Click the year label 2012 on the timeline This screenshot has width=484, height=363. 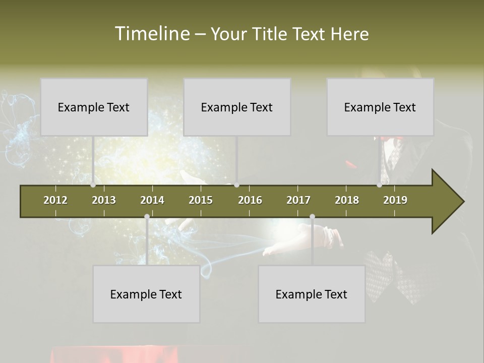tap(55, 200)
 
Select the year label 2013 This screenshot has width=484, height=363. tap(104, 200)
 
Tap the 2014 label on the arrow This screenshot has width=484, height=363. tap(152, 200)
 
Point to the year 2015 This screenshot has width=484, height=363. tap(201, 200)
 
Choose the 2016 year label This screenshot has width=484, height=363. tap(250, 200)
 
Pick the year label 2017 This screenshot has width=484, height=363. tap(298, 200)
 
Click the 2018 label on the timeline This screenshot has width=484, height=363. tap(347, 200)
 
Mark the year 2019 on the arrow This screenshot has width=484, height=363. tap(395, 200)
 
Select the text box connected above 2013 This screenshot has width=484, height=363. tap(94, 107)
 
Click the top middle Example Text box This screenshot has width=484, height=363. tap(237, 107)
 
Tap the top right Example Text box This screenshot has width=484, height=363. tap(380, 107)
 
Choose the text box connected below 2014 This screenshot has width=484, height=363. tap(146, 294)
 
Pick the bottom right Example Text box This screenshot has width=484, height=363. tap(312, 294)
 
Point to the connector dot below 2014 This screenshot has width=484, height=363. tap(147, 217)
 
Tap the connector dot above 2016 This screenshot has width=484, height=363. tap(236, 185)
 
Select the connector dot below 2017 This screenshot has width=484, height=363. tap(312, 217)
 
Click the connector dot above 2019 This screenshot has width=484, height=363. tap(380, 185)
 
